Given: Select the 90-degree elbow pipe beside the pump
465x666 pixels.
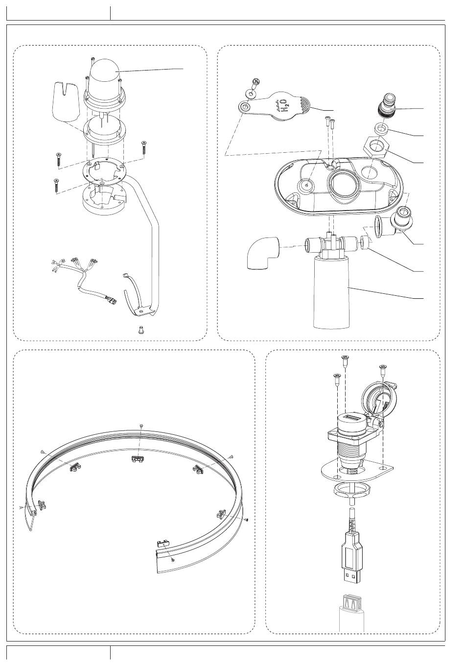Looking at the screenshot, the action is pyautogui.click(x=263, y=253).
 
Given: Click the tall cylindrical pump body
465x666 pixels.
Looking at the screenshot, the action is pyautogui.click(x=331, y=293).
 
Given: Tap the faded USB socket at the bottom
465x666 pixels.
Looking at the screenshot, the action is pyautogui.click(x=352, y=613).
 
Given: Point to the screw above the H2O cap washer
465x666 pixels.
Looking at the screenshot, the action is pyautogui.click(x=256, y=83).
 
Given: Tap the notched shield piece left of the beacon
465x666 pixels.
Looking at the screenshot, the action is pyautogui.click(x=66, y=101).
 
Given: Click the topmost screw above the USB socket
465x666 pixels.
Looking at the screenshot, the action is pyautogui.click(x=345, y=360).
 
